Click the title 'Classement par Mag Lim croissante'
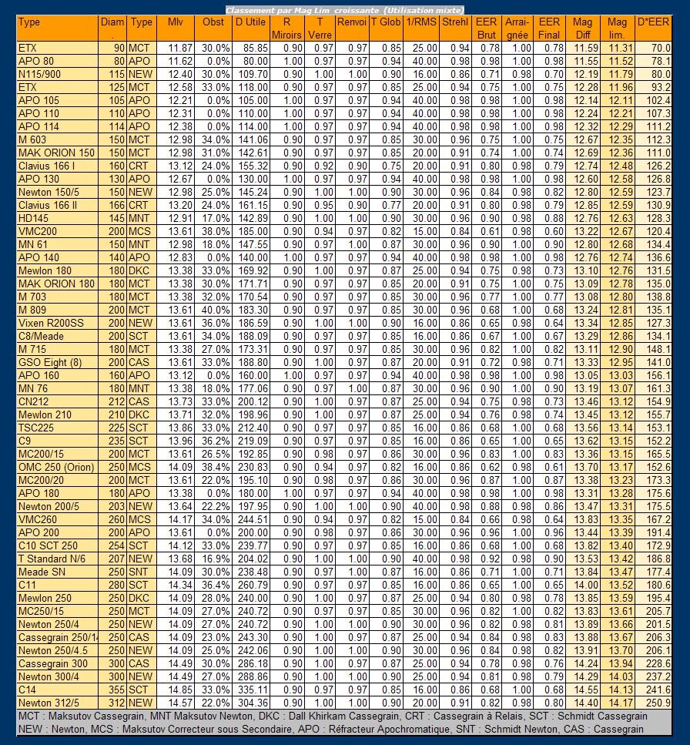coord(344,9)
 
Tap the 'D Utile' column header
coord(250,22)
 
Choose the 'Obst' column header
coord(213,22)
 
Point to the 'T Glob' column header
coord(386,22)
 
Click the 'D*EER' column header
coord(654,22)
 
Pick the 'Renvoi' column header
coord(351,22)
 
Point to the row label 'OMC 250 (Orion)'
coord(56,467)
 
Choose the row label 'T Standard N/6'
coord(52,559)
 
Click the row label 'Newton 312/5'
coord(49,703)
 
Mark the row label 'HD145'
coord(34,218)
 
